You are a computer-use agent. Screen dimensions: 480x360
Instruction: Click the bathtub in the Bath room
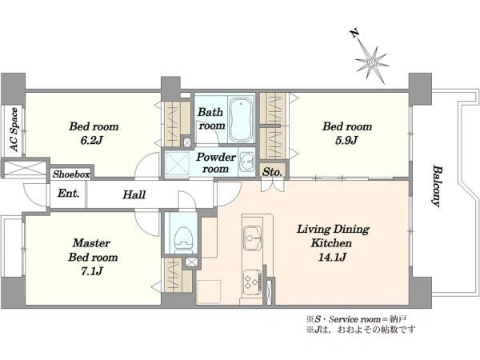(x=242, y=120)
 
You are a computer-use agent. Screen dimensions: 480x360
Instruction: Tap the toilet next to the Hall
(x=184, y=240)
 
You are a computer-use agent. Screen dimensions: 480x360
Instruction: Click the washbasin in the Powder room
(x=246, y=162)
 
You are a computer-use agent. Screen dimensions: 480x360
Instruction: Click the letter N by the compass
(x=354, y=33)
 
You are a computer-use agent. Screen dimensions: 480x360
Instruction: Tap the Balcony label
(x=437, y=186)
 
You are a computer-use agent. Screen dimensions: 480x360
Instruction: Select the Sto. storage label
(x=272, y=172)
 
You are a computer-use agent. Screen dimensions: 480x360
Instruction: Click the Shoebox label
(x=71, y=174)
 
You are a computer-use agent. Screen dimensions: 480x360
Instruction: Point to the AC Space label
(x=14, y=130)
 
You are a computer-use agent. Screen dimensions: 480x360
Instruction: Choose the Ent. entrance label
(x=68, y=194)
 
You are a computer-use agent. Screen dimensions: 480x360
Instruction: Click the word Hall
(x=134, y=194)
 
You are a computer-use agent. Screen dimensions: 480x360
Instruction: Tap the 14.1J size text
(x=332, y=257)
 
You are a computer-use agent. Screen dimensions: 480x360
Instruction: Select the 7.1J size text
(x=92, y=271)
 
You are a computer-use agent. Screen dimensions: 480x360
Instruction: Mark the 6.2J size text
(x=92, y=140)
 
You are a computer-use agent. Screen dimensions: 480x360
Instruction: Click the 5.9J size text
(x=346, y=140)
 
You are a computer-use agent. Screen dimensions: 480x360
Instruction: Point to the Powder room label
(x=216, y=162)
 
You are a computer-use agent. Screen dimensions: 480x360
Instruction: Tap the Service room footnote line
(x=356, y=319)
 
